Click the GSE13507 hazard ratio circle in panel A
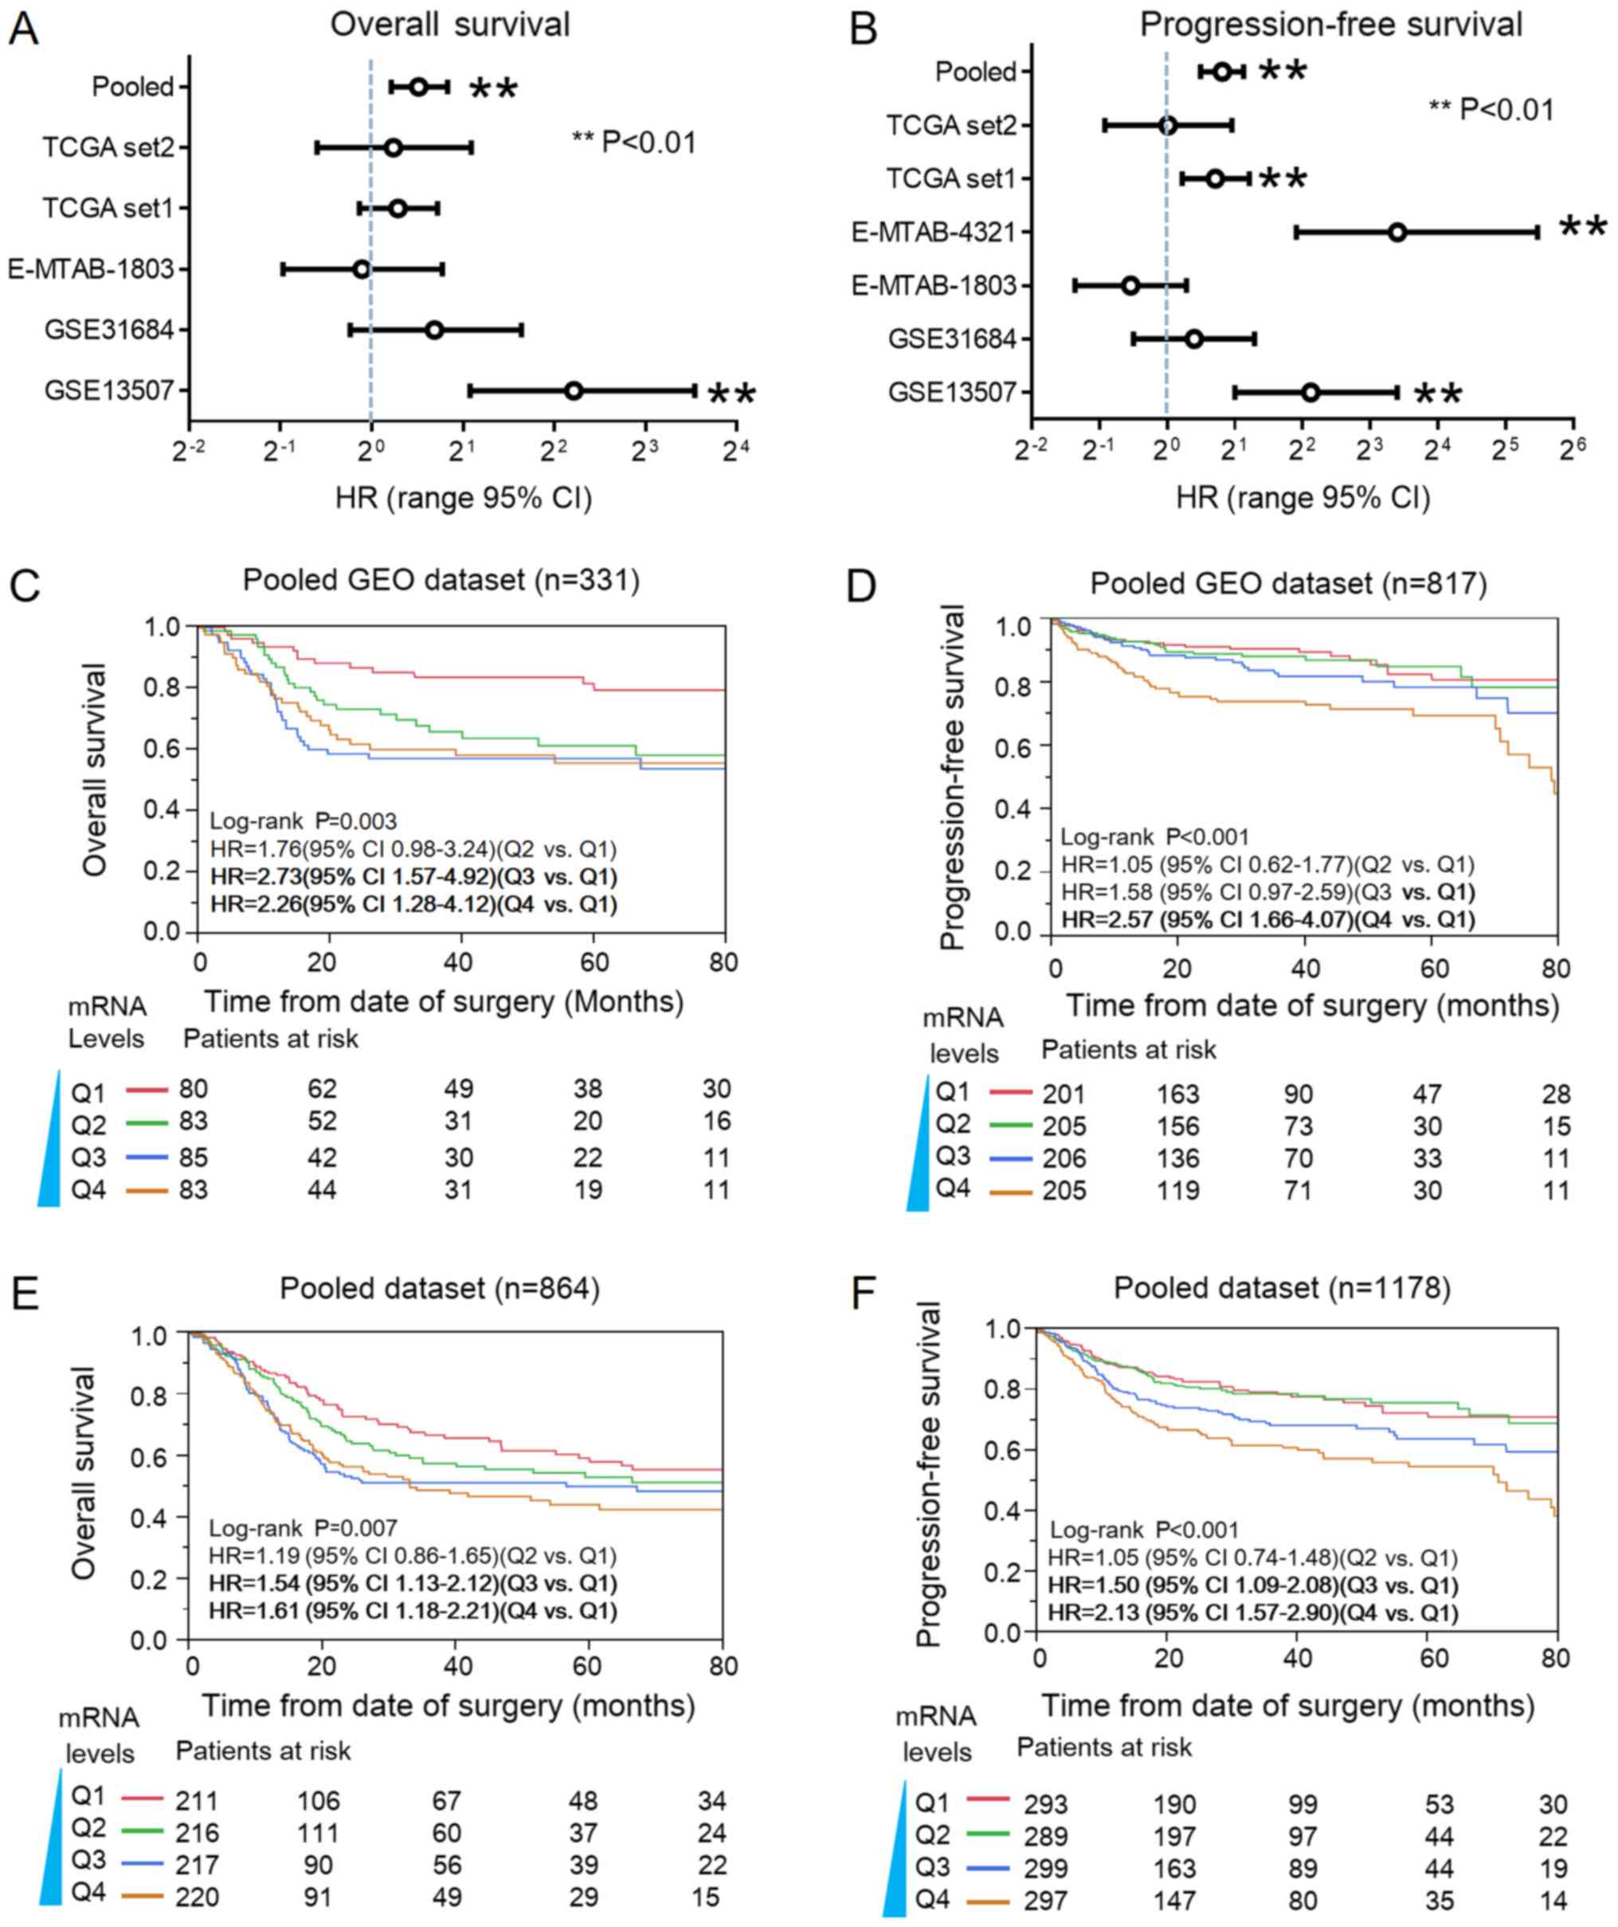574,391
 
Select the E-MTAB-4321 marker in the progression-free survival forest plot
1397,232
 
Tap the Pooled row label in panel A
133,87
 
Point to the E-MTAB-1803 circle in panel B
1130,285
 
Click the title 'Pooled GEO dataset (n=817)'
1288,584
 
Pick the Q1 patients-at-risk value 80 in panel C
194,1089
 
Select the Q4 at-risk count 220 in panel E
197,1896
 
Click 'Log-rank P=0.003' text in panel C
304,821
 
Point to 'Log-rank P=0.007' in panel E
303,1529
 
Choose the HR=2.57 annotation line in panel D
1267,918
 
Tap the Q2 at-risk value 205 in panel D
1064,1126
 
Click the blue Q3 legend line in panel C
147,1158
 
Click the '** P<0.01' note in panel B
1491,110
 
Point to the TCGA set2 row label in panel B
950,125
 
